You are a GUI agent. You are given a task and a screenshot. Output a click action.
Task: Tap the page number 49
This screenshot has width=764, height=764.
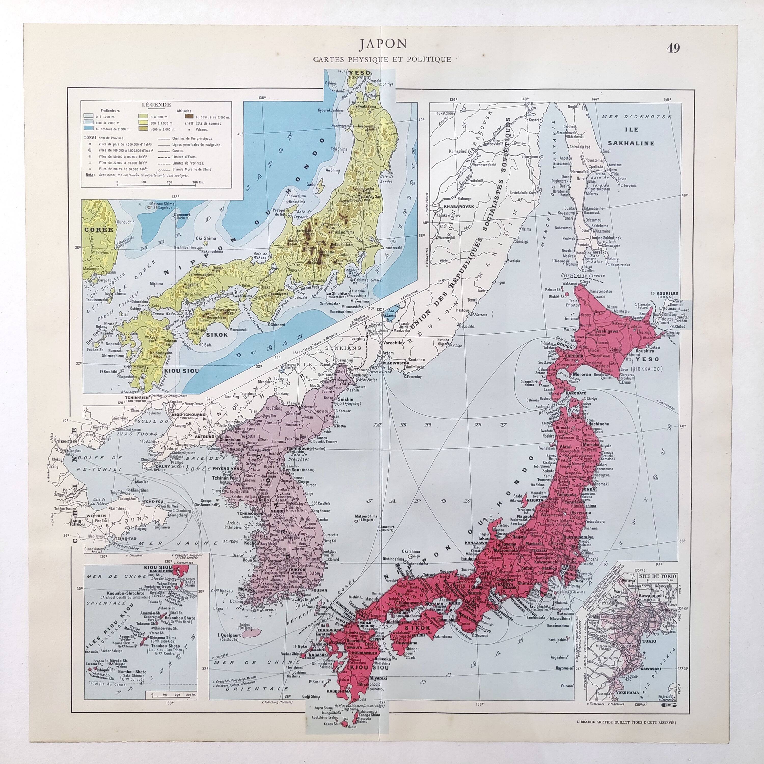(x=673, y=48)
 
